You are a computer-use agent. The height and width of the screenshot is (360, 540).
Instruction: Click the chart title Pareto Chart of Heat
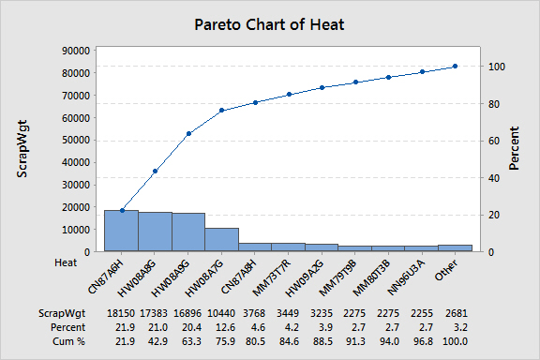point(269,24)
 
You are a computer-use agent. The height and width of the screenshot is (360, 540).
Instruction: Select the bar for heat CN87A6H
point(122,231)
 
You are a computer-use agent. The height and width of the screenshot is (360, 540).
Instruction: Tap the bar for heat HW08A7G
point(222,239)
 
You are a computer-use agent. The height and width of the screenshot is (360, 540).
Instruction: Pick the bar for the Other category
point(455,248)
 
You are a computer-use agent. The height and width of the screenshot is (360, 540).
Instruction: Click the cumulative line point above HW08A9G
point(188,134)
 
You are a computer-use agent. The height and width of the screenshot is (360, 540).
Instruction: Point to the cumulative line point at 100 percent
point(455,67)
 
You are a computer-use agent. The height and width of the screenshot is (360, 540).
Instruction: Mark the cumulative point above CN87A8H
point(255,103)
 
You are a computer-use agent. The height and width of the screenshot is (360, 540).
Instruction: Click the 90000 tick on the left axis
point(76,51)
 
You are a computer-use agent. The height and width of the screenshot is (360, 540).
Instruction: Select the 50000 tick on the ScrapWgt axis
point(76,141)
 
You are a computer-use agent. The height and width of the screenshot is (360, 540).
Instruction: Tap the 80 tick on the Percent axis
point(494,104)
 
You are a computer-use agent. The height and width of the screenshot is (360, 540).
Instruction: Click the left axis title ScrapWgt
point(22,149)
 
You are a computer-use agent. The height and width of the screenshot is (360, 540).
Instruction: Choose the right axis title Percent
point(514,148)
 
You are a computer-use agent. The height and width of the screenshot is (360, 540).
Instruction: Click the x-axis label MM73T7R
point(272,278)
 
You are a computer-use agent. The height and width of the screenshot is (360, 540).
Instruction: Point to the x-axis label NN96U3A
point(407,277)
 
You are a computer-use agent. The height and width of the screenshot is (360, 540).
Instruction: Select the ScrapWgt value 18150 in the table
point(121,313)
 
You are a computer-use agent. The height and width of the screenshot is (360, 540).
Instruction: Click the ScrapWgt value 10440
point(221,313)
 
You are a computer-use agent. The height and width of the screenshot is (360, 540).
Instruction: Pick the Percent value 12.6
point(226,327)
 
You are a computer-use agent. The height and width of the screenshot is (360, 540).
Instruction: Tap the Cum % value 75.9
point(226,341)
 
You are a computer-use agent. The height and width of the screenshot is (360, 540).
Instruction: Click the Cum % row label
point(68,341)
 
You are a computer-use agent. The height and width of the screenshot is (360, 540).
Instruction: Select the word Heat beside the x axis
point(66,262)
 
